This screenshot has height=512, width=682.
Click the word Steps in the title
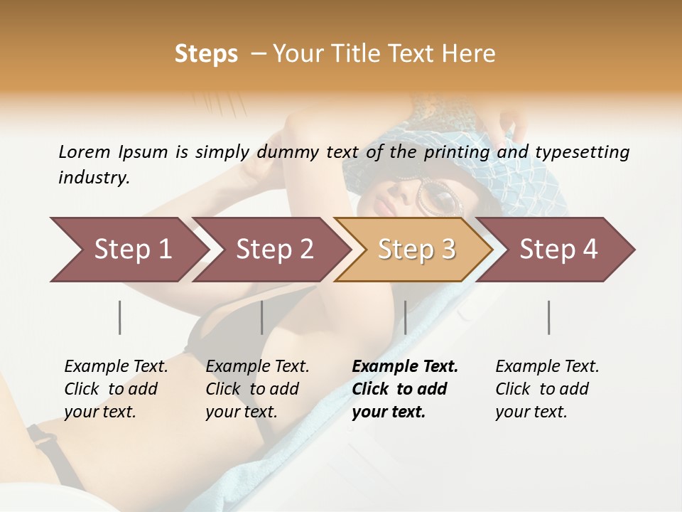pyautogui.click(x=206, y=54)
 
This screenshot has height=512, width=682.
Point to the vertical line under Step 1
pyautogui.click(x=120, y=317)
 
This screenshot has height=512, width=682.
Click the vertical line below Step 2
pyautogui.click(x=262, y=317)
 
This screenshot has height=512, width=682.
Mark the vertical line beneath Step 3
pyautogui.click(x=405, y=317)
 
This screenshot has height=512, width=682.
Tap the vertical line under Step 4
pyautogui.click(x=549, y=317)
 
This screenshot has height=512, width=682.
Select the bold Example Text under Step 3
pyautogui.click(x=405, y=389)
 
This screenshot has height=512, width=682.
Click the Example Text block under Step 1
pyautogui.click(x=116, y=389)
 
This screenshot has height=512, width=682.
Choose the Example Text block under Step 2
pyautogui.click(x=257, y=389)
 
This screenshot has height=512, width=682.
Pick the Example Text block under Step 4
pyautogui.click(x=547, y=389)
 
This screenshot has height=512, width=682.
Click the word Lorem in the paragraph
pyautogui.click(x=85, y=151)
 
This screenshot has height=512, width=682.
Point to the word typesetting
pyautogui.click(x=582, y=153)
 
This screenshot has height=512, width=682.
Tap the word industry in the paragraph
pyautogui.click(x=94, y=178)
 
